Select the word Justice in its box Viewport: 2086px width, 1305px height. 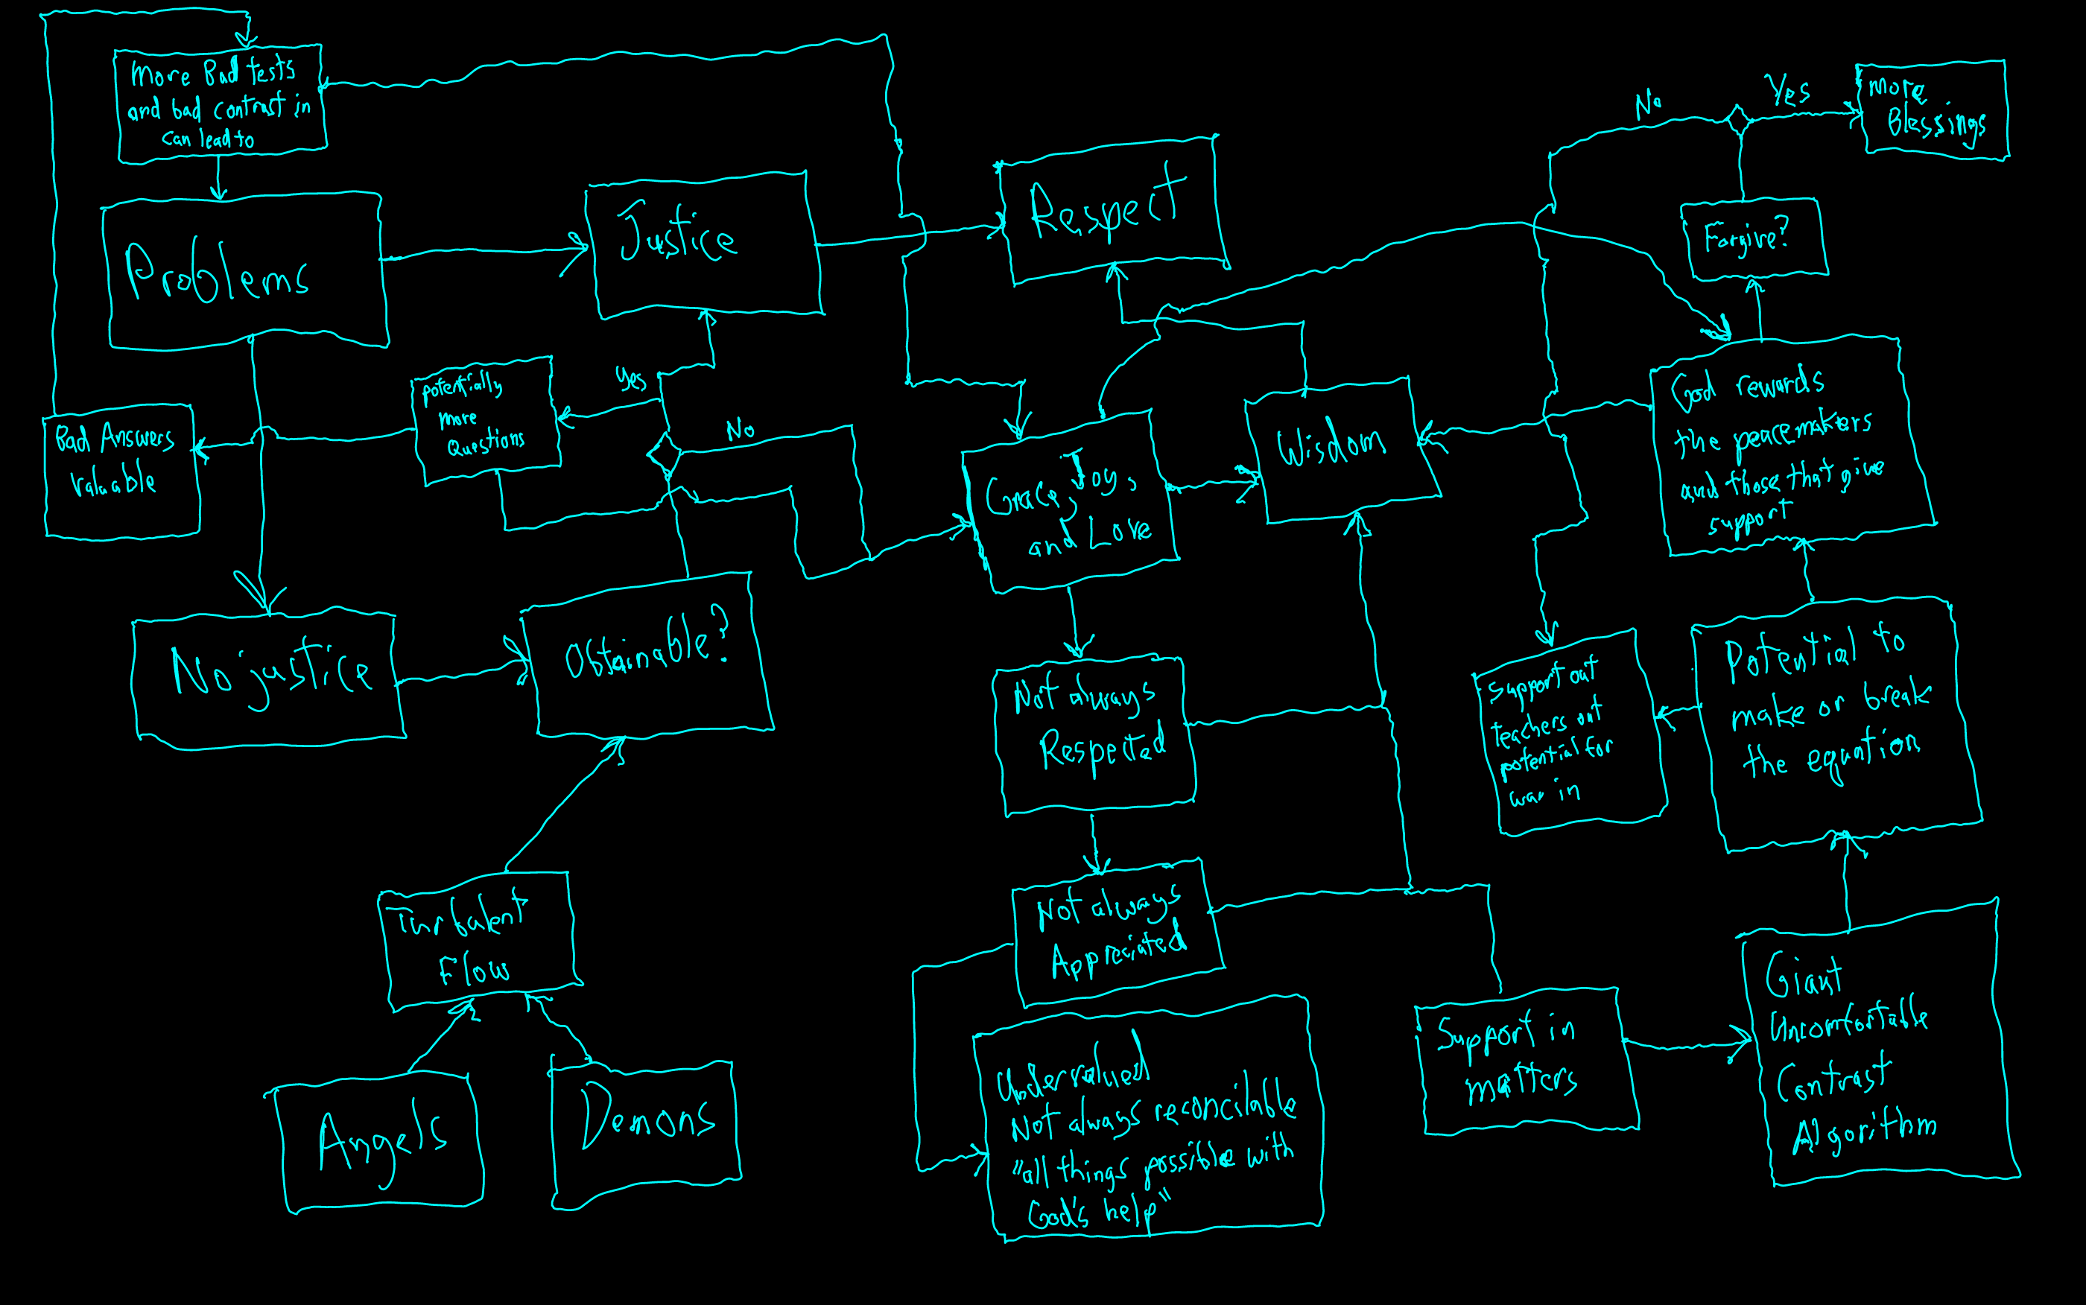[x=677, y=235]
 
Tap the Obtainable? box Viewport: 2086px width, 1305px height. [x=647, y=656]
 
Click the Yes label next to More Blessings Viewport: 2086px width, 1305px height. [x=1788, y=91]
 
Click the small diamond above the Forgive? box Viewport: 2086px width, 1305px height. [x=1738, y=119]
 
